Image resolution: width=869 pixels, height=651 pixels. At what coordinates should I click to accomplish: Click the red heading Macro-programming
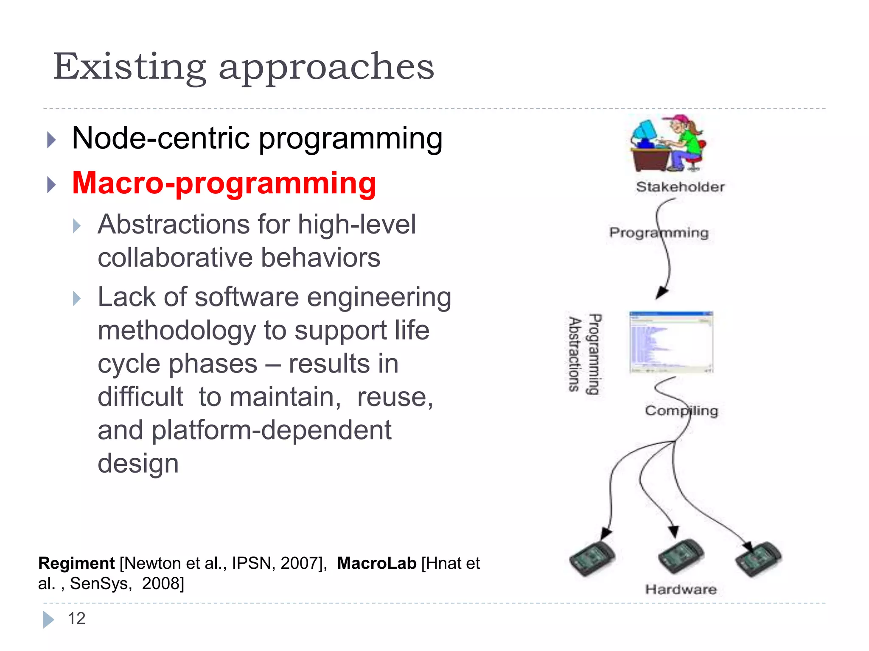[224, 184]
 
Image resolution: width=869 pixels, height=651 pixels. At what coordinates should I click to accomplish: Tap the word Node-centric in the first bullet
[161, 139]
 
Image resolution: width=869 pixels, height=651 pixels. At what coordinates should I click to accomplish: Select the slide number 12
[76, 619]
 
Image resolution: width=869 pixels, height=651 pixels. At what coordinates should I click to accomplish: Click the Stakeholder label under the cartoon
[680, 187]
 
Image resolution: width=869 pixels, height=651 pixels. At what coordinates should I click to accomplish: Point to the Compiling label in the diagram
[681, 411]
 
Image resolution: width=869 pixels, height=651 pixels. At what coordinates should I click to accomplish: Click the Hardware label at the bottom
[681, 589]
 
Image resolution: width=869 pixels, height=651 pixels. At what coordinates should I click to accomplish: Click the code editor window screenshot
[671, 342]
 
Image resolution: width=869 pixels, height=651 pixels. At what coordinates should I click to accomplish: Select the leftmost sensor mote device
[592, 559]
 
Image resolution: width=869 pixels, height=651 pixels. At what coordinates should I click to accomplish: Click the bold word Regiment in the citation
[76, 563]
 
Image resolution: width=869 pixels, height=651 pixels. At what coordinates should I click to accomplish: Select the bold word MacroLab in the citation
[377, 563]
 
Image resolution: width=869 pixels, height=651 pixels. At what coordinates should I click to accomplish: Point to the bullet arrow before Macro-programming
[51, 185]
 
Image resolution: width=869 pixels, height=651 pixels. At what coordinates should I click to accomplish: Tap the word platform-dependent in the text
[272, 430]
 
